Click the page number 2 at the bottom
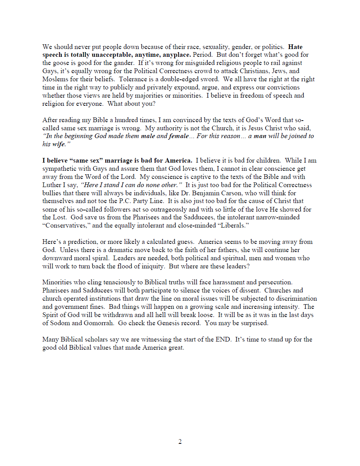(180, 442)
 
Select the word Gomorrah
(99, 323)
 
